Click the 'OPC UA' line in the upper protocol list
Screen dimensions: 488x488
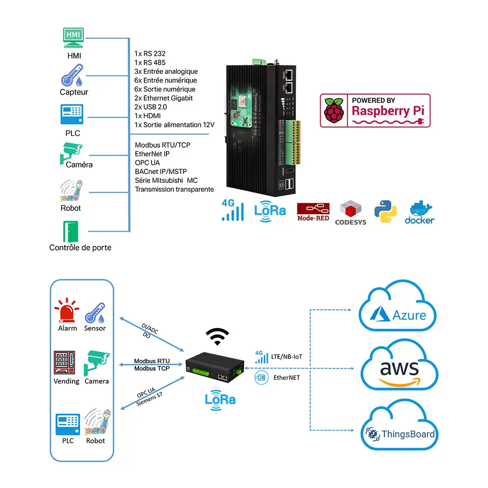click(147, 163)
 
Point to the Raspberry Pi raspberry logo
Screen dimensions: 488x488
click(333, 111)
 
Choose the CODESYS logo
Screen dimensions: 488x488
click(351, 213)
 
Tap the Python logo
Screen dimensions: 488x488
click(386, 212)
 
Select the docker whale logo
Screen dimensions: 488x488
click(420, 213)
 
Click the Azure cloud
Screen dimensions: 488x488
click(398, 307)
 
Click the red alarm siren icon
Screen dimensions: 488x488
click(67, 311)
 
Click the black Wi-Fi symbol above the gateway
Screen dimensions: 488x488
click(217, 336)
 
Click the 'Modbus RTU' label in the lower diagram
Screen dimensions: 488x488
click(152, 361)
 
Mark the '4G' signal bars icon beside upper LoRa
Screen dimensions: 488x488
click(233, 211)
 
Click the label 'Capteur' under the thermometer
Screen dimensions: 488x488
click(74, 92)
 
